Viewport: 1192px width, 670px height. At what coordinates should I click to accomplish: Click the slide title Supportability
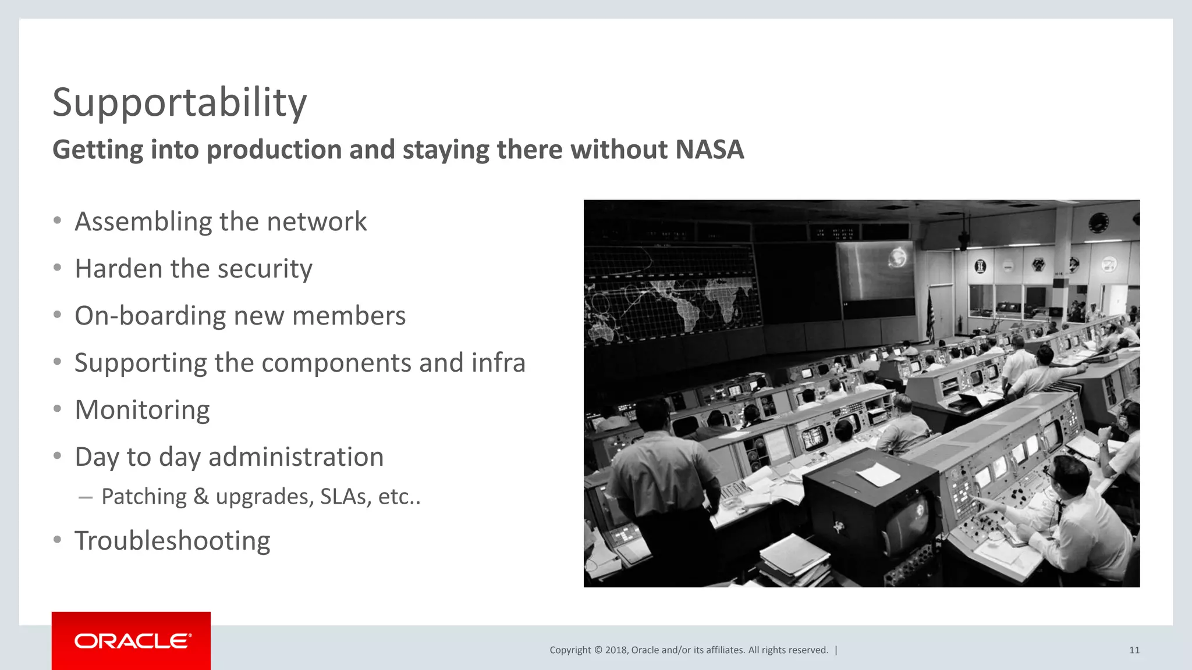(x=179, y=103)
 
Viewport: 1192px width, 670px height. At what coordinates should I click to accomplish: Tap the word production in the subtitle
(x=274, y=149)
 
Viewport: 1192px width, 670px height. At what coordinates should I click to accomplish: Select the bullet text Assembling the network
(x=221, y=222)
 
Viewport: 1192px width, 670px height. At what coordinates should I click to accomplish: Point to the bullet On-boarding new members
(x=240, y=316)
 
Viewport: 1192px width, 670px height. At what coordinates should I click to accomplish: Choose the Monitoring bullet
(x=142, y=410)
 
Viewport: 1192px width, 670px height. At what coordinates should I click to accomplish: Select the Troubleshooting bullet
(x=172, y=541)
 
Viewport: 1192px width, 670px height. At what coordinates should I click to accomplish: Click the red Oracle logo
(x=131, y=640)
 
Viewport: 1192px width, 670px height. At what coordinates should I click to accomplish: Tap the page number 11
(x=1134, y=650)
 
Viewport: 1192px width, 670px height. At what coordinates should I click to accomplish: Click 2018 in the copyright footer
(x=616, y=650)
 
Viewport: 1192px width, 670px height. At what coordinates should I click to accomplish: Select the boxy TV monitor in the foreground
(x=873, y=512)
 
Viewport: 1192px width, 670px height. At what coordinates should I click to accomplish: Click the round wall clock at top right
(x=1098, y=222)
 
